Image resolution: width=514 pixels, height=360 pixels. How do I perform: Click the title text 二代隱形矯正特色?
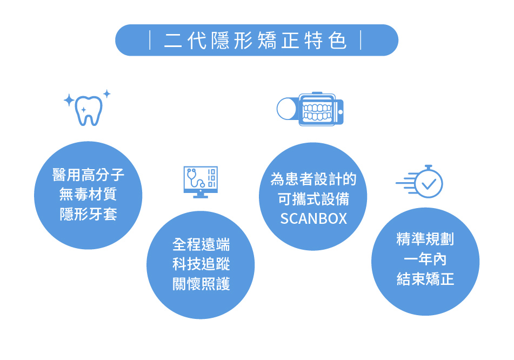255,41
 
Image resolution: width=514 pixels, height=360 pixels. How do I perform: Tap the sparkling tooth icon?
88,110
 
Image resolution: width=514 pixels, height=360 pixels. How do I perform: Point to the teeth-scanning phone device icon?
310,109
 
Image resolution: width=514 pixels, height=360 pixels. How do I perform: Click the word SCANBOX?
313,219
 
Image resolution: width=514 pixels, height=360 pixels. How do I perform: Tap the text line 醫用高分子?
88,175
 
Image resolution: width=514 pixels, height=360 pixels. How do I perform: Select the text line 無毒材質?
88,194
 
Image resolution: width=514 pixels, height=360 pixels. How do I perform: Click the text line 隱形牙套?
88,214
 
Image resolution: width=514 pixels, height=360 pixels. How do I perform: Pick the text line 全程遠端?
201,244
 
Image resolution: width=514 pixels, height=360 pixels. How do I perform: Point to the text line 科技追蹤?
201,264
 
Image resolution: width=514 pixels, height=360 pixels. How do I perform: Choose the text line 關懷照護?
201,284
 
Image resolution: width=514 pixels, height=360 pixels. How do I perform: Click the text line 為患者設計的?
313,179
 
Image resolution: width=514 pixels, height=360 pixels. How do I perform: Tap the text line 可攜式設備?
313,199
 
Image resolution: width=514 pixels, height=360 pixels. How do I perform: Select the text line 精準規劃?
425,239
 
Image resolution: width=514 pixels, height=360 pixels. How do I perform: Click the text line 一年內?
425,259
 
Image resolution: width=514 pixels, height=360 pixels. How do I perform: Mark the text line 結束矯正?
425,279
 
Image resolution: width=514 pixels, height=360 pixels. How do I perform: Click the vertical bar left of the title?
150,40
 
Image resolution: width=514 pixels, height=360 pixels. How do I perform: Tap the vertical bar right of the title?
361,40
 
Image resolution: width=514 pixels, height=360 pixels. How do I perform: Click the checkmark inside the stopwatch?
429,184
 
